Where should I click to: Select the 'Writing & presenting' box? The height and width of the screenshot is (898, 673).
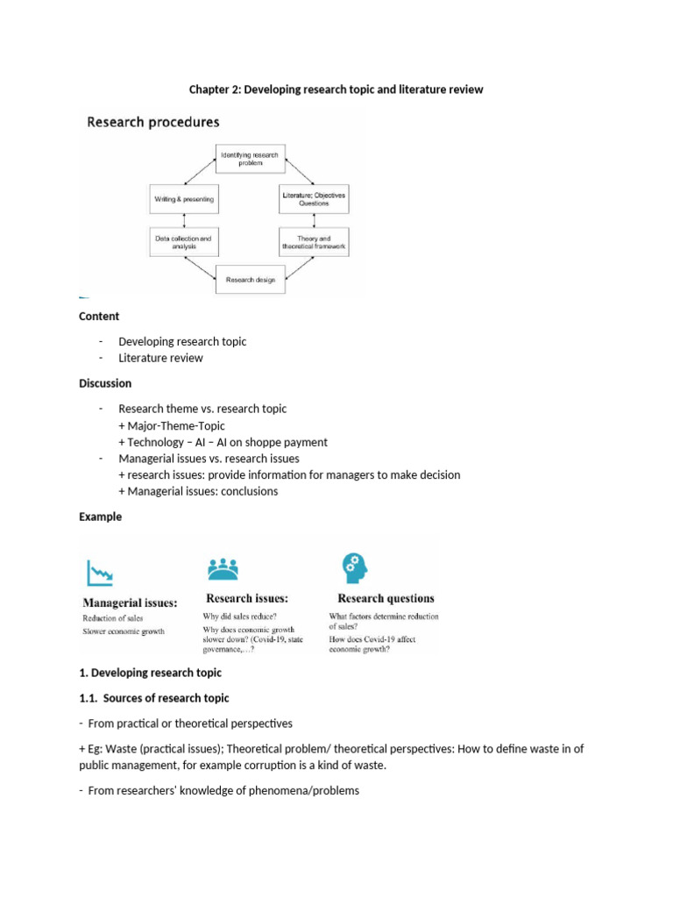click(x=183, y=199)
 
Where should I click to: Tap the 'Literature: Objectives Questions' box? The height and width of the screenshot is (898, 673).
click(x=313, y=198)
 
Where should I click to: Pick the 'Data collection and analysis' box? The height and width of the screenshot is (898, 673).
click(x=183, y=242)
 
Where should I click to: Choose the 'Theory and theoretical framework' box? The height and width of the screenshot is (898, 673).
click(x=313, y=242)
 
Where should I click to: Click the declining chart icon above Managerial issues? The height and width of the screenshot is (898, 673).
click(x=99, y=574)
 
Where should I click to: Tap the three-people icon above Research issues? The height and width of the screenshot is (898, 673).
click(x=222, y=570)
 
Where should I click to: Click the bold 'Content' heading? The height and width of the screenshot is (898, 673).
click(x=99, y=316)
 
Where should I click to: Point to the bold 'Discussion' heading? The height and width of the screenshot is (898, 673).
click(x=105, y=383)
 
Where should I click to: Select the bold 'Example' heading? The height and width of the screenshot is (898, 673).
click(x=100, y=517)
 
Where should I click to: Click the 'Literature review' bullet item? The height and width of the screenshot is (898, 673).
click(x=160, y=358)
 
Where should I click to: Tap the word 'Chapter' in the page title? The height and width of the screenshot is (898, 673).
click(x=211, y=89)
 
